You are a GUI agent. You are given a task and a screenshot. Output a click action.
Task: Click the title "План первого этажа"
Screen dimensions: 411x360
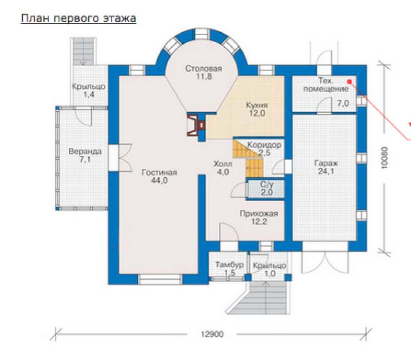pos(78,18)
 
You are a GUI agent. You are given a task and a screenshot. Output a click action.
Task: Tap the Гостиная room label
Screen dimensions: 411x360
pos(159,172)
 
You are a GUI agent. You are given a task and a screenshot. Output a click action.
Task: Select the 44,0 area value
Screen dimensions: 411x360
pos(159,181)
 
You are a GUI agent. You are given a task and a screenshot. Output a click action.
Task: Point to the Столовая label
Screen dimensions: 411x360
pos(204,68)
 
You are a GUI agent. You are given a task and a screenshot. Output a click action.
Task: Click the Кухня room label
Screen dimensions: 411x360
pos(257,106)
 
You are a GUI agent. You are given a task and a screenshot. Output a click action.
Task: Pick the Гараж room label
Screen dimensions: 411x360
pos(326,163)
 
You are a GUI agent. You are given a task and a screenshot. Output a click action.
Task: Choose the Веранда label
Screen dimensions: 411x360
pos(85,151)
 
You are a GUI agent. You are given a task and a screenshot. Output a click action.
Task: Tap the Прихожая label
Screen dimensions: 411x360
pos(259,214)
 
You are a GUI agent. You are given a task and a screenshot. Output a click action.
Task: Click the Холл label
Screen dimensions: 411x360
pos(223,164)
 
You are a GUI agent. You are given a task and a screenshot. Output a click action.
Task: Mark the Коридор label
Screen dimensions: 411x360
pos(264,145)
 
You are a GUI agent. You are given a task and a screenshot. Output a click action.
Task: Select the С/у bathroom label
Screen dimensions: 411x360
pos(267,184)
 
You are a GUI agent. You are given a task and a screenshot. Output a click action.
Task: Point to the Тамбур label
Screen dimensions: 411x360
pos(229,265)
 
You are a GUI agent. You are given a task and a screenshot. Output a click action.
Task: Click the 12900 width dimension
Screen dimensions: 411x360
pos(212,334)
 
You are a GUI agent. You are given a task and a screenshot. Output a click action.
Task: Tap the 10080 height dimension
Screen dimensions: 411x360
pos(384,158)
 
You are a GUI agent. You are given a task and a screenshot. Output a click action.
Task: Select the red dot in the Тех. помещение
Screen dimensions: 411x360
pos(349,82)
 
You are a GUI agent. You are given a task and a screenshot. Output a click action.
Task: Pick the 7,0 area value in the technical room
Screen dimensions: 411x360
pos(343,103)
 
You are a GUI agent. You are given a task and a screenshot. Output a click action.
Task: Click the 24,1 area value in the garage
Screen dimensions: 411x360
pos(326,172)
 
